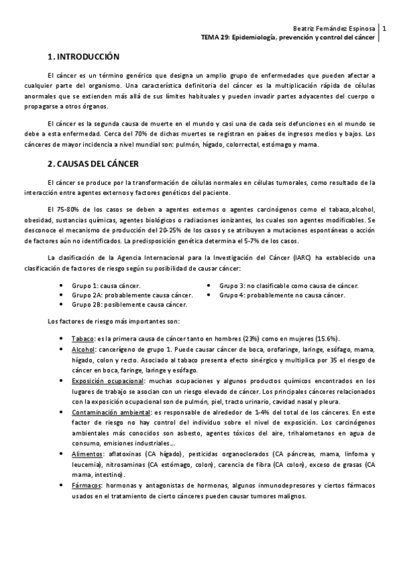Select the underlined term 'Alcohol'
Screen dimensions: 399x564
83,349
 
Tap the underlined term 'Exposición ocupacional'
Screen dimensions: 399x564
108,380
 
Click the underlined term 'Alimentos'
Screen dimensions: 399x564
87,454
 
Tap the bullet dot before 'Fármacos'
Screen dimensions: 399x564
61,486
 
